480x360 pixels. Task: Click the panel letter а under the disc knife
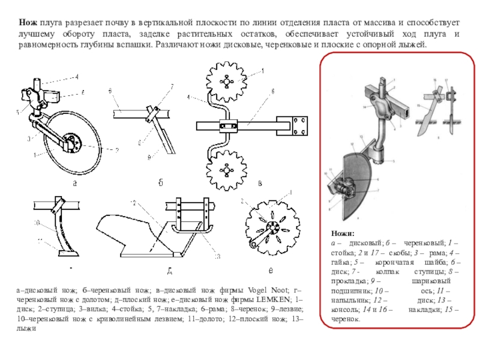75,184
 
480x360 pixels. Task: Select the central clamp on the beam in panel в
228,126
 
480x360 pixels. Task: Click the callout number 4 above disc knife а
77,76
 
